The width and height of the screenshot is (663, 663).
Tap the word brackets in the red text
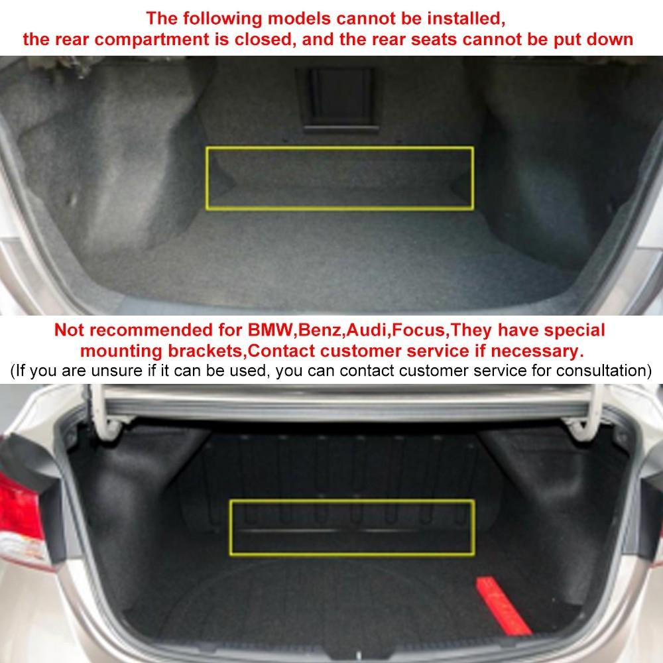[x=206, y=349]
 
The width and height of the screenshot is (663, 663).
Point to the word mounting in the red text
[x=123, y=349]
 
